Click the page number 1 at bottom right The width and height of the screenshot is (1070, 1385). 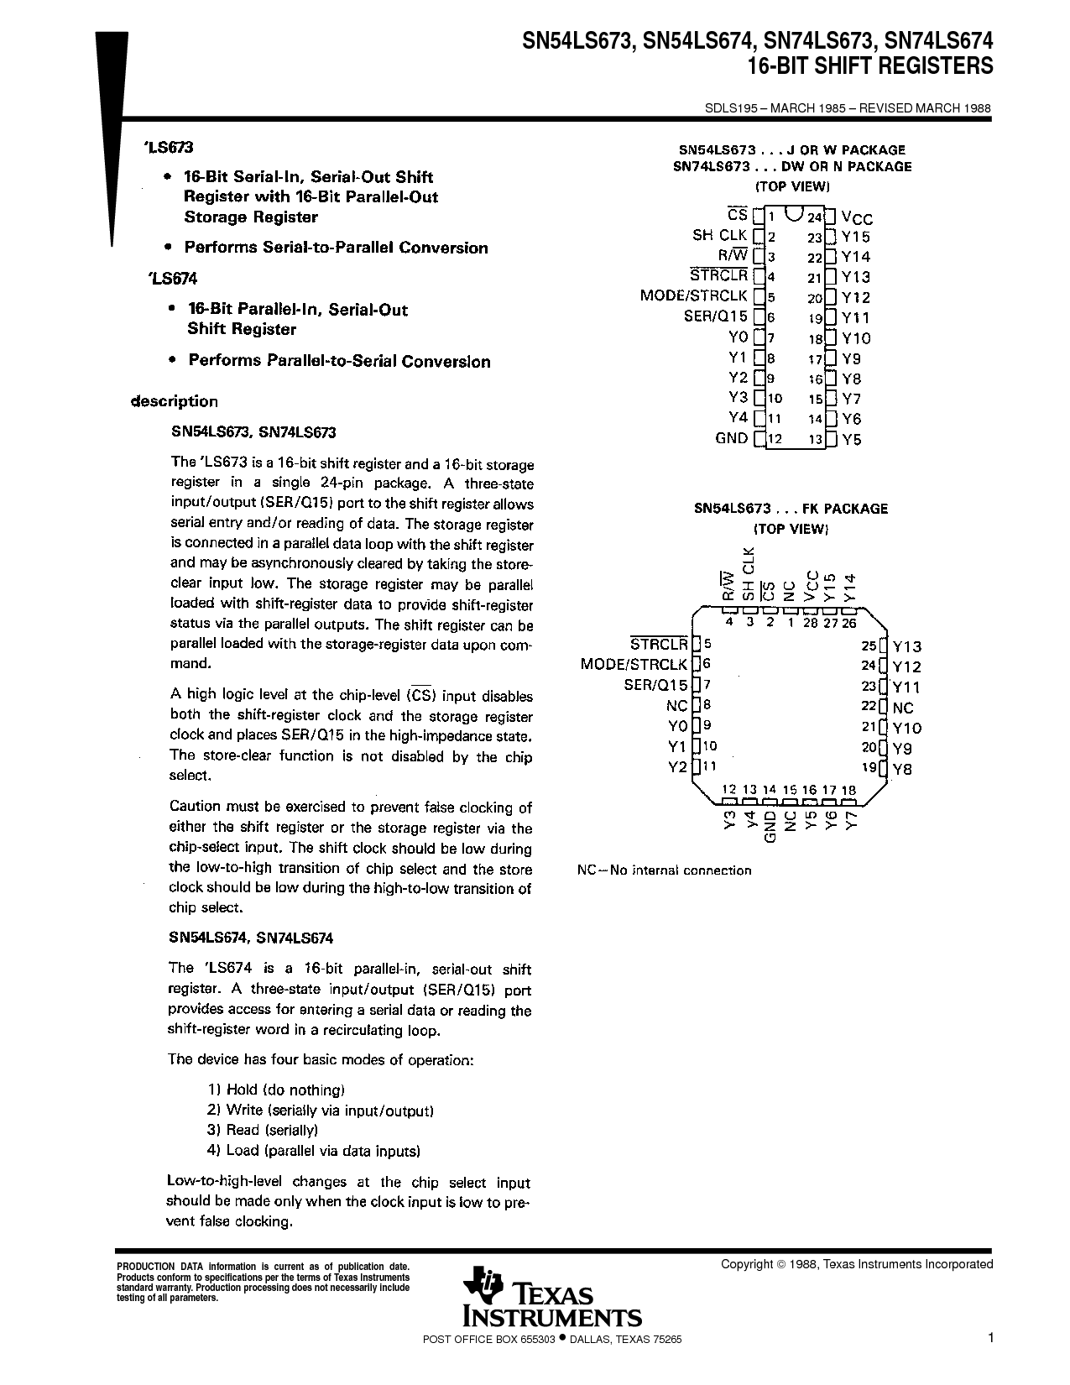pos(990,1339)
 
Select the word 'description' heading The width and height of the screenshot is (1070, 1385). pos(175,401)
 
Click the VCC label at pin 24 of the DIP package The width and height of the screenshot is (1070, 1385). pos(857,217)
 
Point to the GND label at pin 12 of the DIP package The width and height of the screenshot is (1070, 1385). pos(731,438)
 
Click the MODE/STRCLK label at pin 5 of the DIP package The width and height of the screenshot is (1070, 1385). pos(693,296)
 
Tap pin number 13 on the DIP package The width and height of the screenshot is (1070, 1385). pos(815,439)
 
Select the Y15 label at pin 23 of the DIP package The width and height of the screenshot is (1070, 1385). pos(856,238)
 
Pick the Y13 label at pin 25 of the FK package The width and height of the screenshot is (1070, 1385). pos(906,646)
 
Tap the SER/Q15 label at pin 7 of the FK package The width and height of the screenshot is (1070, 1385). pos(655,685)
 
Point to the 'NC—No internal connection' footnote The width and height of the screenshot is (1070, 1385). pos(664,870)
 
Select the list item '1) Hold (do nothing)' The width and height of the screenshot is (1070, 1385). pos(276,1090)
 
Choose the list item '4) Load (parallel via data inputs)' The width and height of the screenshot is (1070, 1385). pos(313,1151)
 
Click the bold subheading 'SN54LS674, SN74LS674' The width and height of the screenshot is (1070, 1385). pos(252,938)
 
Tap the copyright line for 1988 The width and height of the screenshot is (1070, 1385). pos(856,1264)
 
